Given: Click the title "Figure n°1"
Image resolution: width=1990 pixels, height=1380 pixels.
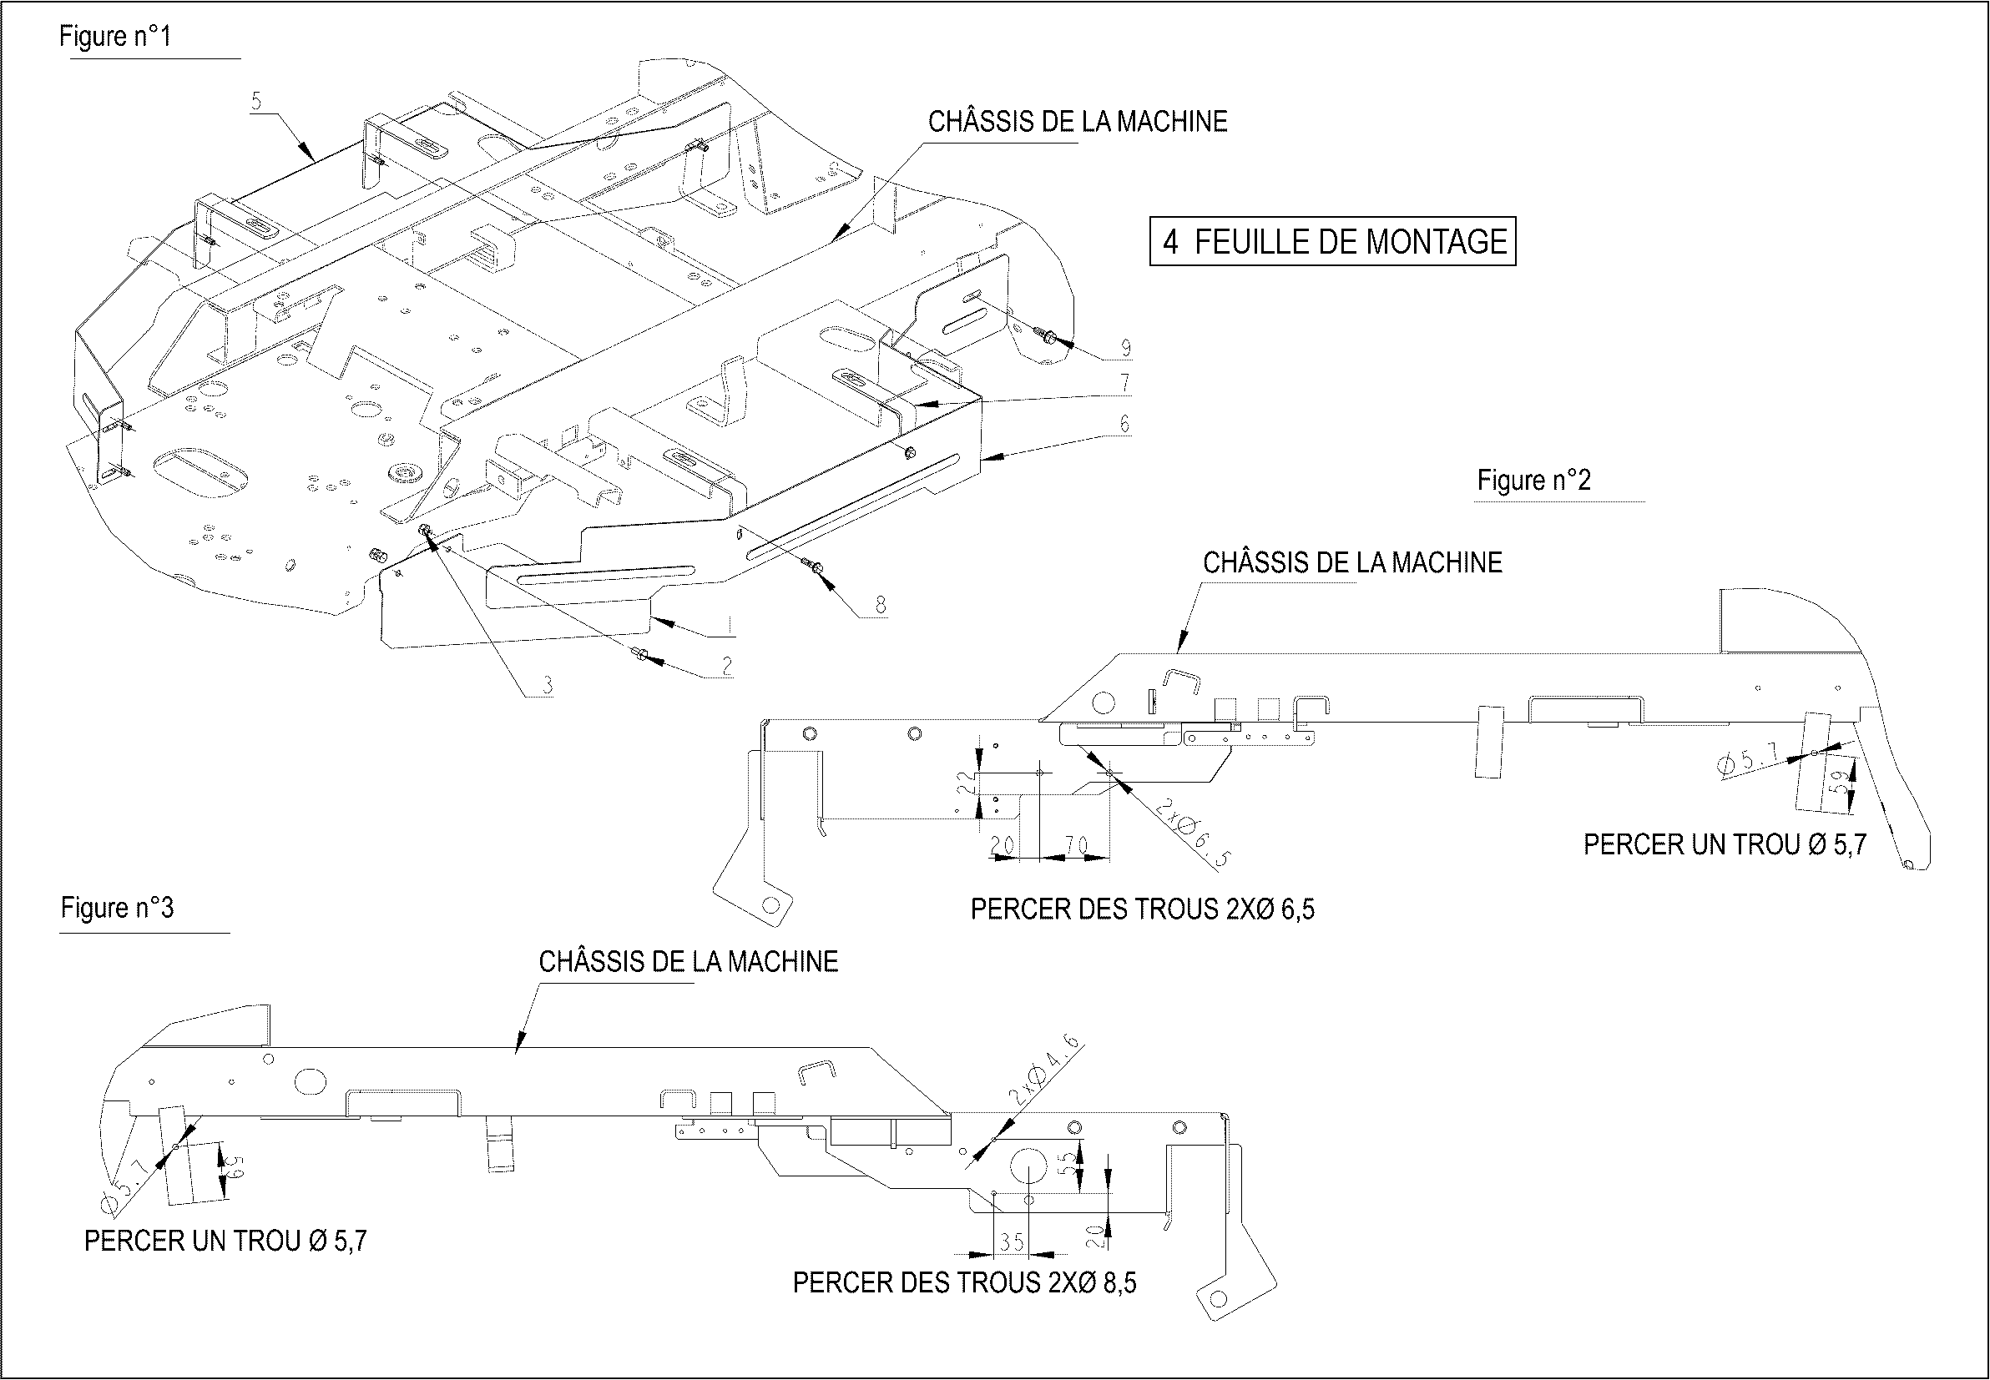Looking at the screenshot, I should pos(115,37).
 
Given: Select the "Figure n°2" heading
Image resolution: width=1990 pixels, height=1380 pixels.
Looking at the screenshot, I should pos(1533,480).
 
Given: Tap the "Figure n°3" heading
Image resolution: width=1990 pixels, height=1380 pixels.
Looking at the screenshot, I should pos(117,908).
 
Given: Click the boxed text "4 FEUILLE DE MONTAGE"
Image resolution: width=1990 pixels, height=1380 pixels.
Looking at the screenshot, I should pos(1333,241).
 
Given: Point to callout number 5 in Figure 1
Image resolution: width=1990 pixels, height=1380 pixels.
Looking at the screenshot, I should pos(256,101).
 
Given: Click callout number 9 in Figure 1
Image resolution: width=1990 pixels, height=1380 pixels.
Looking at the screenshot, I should pos(1125,348).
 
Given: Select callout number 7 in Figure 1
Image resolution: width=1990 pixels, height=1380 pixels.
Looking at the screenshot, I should pos(1124,382).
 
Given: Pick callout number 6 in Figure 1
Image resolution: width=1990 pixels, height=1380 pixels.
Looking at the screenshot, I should pos(1124,424).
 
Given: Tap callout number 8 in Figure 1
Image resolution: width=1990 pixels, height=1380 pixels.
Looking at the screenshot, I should pos(881,605).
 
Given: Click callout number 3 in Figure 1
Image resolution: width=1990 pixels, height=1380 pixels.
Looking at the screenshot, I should pos(547,687).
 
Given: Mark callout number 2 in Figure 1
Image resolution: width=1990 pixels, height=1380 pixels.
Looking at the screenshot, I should pos(726,665).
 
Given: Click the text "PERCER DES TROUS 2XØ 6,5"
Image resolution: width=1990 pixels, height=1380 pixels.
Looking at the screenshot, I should pos(1142,909).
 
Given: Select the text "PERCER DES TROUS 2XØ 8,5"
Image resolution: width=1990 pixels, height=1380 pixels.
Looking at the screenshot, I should pos(964,1283).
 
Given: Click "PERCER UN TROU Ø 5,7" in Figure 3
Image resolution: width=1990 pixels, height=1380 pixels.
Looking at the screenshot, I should pos(225,1241).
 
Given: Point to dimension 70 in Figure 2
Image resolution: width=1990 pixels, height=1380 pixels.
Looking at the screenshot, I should pos(1076,846).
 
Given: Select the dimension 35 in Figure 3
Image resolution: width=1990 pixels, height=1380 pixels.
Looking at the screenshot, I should pos(1012,1242).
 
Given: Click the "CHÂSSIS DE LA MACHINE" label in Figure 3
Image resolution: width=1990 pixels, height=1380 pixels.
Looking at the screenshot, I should pos(689,962).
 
